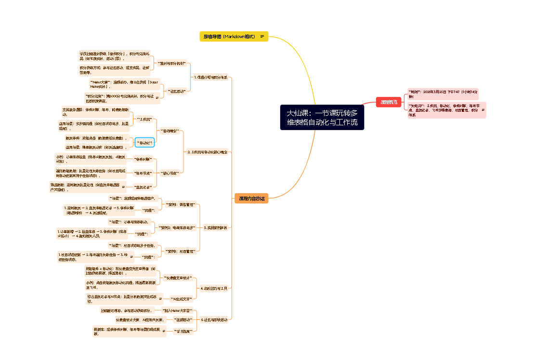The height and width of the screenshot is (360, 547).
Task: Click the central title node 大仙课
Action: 322,118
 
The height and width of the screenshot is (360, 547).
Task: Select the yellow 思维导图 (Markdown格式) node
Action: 229,37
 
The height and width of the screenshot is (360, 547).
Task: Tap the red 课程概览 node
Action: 389,102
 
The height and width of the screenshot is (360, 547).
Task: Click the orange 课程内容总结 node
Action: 251,198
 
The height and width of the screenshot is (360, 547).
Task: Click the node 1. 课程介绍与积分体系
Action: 210,77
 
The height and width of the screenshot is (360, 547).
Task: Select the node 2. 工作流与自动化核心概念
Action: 207,152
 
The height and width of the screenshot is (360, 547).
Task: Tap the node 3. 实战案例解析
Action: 215,227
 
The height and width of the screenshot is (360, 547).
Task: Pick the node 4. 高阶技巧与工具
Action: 213,288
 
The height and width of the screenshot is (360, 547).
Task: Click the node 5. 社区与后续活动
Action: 214,319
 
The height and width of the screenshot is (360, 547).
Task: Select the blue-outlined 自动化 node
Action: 144,143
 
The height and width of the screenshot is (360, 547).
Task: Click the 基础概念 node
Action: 169,131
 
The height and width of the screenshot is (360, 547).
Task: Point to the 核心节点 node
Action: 169,173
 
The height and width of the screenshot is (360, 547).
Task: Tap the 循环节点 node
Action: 143,173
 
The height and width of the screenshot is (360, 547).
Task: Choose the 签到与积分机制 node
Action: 171,63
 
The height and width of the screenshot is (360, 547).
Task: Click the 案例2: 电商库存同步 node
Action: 177,227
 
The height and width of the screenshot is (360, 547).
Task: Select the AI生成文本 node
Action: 181,299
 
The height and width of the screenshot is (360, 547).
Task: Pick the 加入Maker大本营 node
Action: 177,310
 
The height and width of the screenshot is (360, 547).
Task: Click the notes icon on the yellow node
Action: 262,37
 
